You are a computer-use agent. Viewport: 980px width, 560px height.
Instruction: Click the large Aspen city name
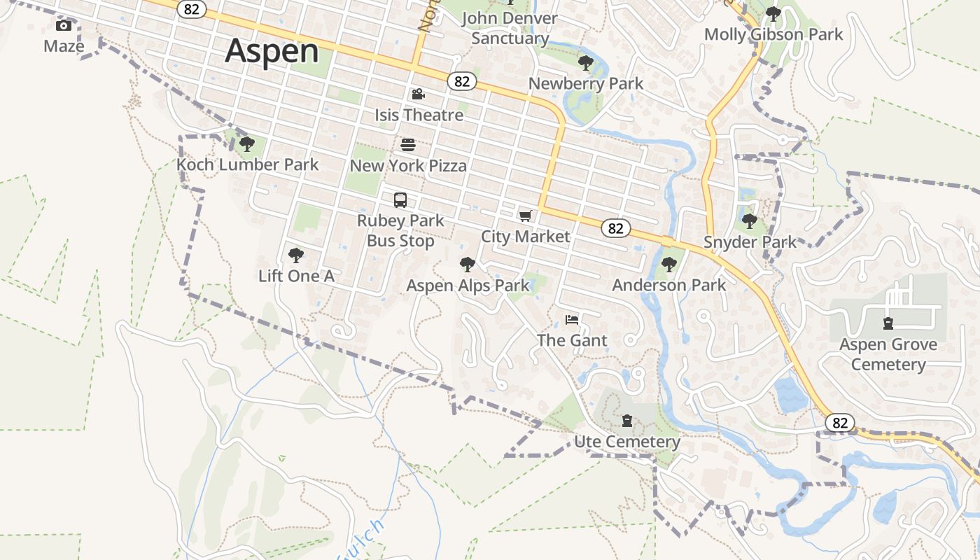tap(272, 50)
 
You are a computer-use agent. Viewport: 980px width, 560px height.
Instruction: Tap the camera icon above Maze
tap(64, 26)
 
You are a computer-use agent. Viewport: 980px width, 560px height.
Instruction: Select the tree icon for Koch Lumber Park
tap(246, 144)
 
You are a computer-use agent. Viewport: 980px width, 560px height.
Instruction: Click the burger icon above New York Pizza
tap(408, 145)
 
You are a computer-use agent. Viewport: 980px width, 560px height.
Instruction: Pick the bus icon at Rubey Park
tap(400, 200)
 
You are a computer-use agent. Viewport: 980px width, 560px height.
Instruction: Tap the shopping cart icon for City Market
tap(525, 216)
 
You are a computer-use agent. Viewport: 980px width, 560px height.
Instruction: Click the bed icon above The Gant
tap(572, 320)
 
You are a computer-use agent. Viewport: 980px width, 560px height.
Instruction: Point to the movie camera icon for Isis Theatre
tap(418, 94)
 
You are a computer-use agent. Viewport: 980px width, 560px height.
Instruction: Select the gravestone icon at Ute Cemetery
tap(627, 421)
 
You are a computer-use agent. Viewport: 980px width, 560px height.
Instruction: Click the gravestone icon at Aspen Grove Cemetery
tap(888, 323)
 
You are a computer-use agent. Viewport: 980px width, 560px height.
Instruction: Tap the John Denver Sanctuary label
tap(510, 28)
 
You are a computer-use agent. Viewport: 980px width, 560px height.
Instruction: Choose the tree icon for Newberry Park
tap(585, 63)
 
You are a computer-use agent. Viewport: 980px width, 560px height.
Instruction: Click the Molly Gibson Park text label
tap(773, 34)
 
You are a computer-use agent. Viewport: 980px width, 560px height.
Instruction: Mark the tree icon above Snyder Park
tap(750, 221)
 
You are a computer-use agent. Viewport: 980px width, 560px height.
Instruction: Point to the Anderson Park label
tap(669, 285)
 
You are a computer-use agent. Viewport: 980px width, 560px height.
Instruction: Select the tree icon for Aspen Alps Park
tap(468, 265)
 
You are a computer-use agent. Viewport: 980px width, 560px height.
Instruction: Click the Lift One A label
tap(296, 276)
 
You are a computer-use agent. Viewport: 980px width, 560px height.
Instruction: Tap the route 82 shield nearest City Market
tap(615, 228)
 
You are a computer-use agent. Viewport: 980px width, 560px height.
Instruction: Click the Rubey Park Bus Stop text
tap(400, 230)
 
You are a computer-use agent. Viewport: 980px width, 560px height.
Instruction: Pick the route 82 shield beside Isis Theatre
tap(461, 81)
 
